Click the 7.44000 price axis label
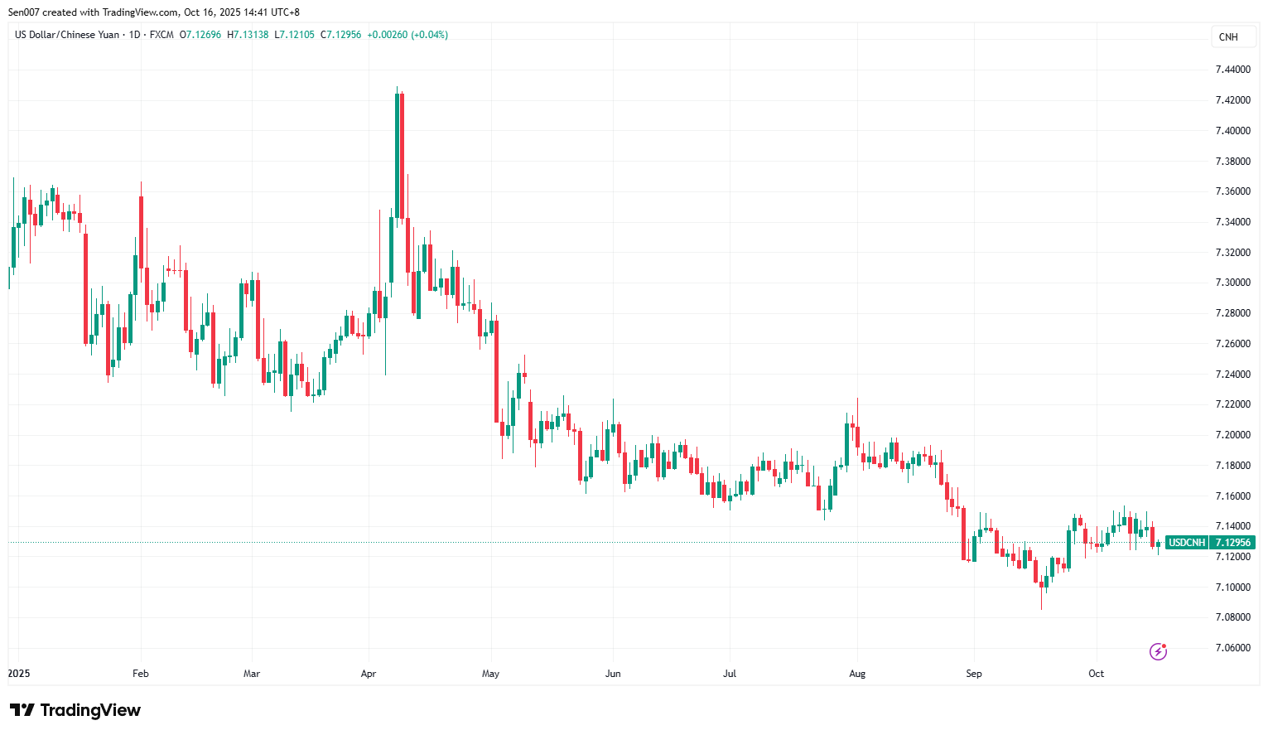1232,70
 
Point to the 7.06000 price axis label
1232,648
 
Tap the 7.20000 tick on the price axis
1232,435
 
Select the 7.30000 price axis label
1232,283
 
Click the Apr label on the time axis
369,674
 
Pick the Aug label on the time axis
857,674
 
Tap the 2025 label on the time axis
19,674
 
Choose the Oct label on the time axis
1096,674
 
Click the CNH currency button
1228,37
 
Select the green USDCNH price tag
1187,543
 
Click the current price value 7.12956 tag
1232,543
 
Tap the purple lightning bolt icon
1158,652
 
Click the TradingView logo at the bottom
75,711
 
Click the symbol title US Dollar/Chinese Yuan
67,35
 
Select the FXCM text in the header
162,35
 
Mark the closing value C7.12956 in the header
340,35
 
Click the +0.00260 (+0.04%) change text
407,35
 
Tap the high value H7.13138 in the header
248,35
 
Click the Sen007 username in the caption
23,12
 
